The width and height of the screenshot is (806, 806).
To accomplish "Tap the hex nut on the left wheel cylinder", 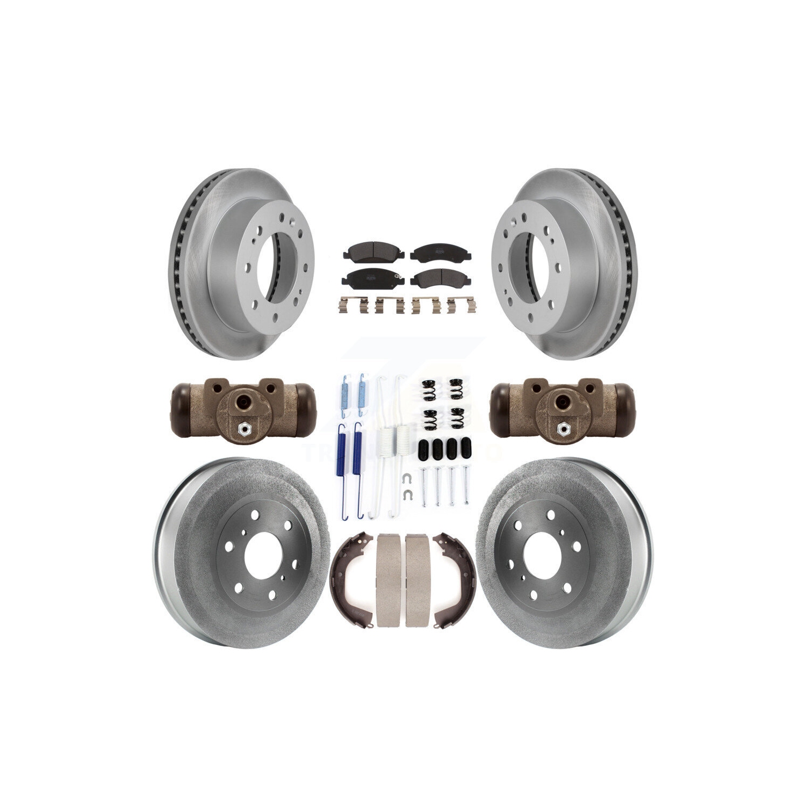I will [243, 429].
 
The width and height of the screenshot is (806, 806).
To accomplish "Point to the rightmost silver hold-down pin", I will [463, 486].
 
